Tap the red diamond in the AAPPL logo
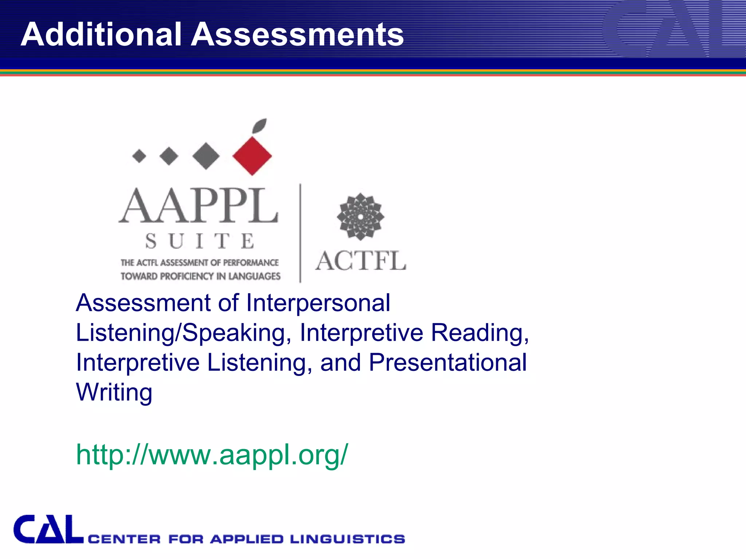252,156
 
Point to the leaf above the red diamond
260,126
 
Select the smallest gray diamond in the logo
139,156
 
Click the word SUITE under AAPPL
200,241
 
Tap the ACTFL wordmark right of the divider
361,261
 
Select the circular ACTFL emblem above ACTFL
360,217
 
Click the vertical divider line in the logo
300,233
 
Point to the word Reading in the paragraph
479,333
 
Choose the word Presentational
448,362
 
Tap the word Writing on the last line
114,392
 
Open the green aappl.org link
212,455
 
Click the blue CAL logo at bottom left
48,530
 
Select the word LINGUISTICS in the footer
348,539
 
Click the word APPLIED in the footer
247,539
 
